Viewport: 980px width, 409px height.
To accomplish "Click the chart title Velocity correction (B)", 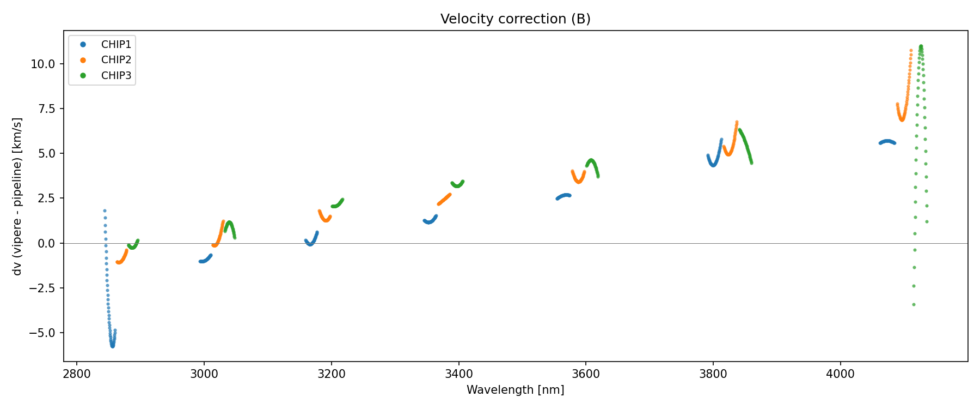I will point(515,19).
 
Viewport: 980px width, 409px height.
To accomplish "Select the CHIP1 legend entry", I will point(116,44).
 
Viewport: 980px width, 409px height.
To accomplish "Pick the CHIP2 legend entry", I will point(116,60).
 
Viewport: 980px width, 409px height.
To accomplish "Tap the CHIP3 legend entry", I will point(116,76).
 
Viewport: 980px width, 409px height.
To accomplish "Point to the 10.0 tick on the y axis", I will point(43,64).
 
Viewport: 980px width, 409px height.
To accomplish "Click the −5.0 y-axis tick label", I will point(41,333).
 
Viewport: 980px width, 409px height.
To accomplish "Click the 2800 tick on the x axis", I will point(77,374).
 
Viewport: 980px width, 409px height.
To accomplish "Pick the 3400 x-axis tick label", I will point(458,374).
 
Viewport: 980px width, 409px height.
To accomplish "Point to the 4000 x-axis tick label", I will point(840,374).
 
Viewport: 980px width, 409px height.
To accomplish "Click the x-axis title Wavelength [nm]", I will point(515,390).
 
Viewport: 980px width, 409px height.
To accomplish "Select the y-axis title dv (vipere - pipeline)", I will point(17,196).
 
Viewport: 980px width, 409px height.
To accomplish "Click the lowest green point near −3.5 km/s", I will point(914,304).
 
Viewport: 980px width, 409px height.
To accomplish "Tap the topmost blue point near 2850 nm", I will point(105,210).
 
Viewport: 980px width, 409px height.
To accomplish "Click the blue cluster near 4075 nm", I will point(887,142).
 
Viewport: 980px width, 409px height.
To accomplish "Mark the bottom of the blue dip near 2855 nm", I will point(113,346).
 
